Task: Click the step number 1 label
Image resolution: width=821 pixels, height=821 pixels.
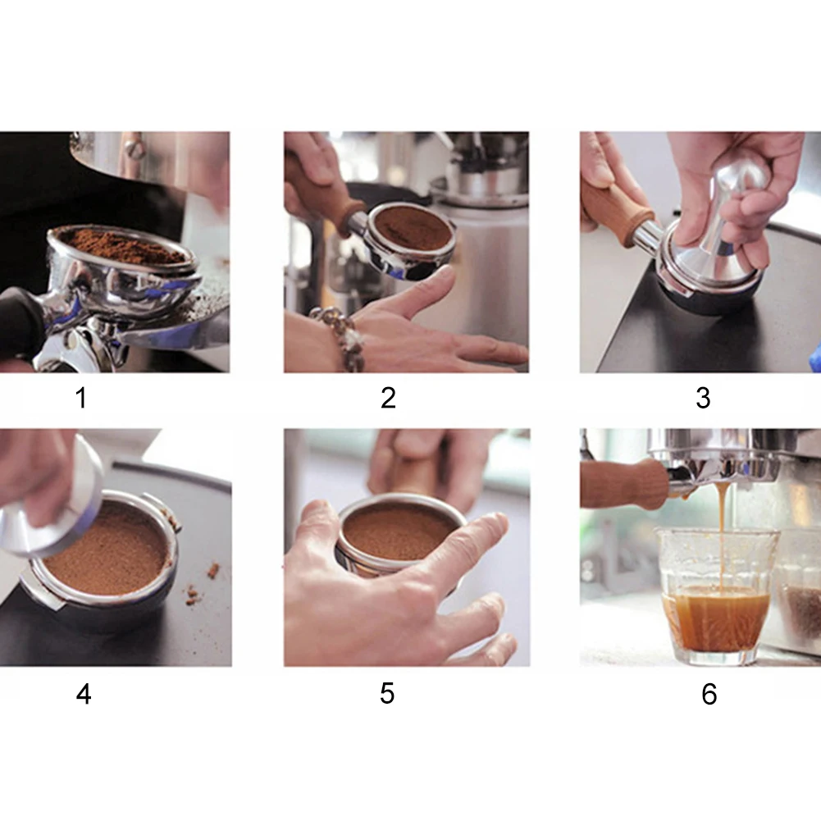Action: (80, 398)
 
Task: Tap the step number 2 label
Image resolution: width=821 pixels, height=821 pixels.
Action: (388, 398)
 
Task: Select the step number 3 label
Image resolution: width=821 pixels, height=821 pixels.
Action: (703, 398)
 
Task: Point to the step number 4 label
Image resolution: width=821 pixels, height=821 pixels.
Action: (84, 695)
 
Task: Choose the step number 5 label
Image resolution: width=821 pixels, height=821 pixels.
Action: (387, 694)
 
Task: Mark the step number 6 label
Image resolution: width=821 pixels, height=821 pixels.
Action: (709, 695)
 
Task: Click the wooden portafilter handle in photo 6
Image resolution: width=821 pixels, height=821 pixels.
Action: (623, 485)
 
